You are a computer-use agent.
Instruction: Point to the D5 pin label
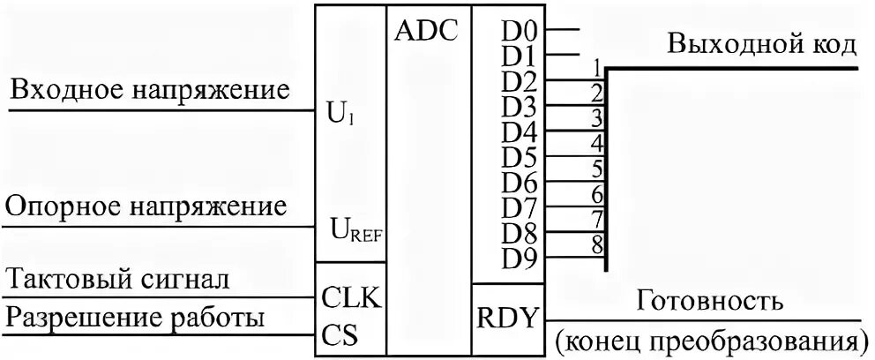pos(520,159)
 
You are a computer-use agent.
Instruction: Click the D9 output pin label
pos(520,259)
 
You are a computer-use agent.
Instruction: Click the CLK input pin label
pos(350,298)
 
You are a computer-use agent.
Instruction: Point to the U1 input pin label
pos(345,115)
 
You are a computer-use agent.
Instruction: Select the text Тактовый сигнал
pos(118,281)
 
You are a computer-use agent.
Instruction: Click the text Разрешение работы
pos(135,317)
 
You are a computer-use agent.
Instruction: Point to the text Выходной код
pos(760,44)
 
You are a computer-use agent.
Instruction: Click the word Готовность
pos(708,301)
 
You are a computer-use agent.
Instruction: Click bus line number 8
pos(597,243)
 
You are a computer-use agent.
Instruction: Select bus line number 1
pos(597,67)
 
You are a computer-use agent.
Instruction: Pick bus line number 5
pos(597,167)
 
